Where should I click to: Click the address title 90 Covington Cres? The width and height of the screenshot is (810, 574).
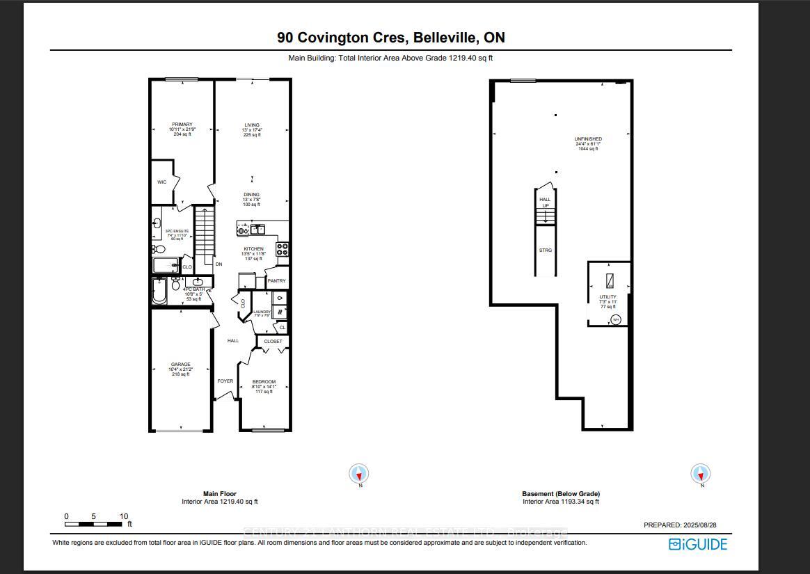390,37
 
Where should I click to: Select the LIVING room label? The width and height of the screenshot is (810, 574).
251,125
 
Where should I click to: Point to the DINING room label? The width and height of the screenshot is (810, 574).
251,195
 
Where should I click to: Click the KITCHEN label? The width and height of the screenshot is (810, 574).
253,249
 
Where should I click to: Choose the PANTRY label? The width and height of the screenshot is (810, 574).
276,281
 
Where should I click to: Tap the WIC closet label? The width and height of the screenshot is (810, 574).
161,182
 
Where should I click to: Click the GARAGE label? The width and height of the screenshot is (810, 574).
180,365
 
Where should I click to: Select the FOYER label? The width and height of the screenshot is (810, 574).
225,381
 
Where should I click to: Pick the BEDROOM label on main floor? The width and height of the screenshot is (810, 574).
264,382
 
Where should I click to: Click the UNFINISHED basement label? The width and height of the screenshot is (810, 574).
588,139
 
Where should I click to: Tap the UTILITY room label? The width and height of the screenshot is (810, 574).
608,296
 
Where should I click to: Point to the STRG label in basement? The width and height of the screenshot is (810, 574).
546,250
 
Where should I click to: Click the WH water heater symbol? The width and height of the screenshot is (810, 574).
615,319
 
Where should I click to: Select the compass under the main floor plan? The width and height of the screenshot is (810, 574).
359,475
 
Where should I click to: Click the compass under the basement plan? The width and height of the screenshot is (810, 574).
700,475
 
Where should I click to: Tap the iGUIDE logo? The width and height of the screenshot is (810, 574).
698,544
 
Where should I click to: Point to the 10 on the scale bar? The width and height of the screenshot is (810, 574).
124,516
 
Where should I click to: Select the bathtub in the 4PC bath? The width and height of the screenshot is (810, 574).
159,292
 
